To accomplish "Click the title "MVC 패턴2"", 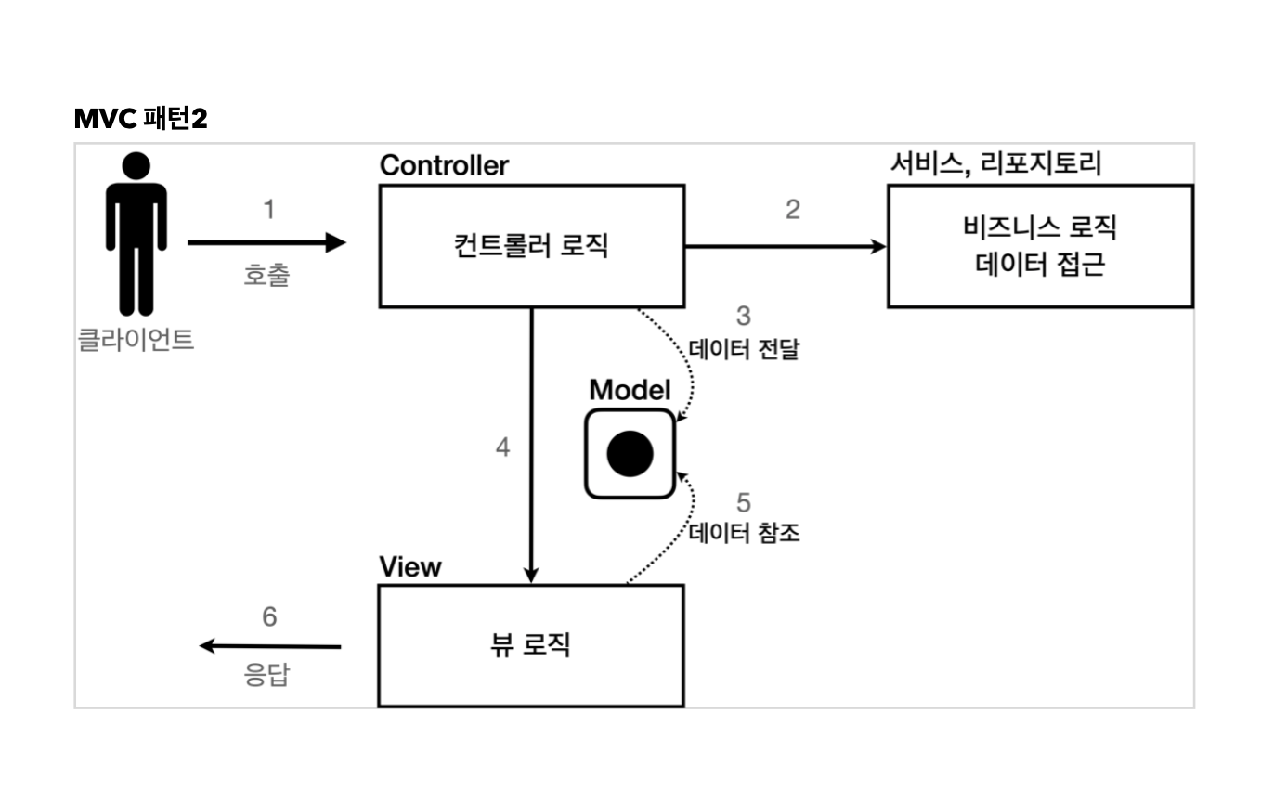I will [140, 119].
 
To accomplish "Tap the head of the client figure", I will [136, 167].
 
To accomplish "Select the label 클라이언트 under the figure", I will [136, 340].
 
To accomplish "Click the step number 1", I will [269, 211].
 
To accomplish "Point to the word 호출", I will [266, 275].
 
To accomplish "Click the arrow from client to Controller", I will [266, 243].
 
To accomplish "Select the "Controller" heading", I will [444, 165].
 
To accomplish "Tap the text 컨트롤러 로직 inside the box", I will [531, 246].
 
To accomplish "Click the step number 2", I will [792, 210].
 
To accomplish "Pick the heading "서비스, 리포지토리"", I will [994, 164].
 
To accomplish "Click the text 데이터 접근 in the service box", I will [1040, 265].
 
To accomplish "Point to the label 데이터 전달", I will [744, 350].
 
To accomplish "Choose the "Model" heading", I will [630, 390].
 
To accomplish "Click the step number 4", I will [502, 447].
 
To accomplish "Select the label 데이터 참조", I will [744, 533].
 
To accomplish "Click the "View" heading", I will [410, 566].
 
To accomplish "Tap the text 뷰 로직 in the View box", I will [530, 644].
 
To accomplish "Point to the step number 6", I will [269, 616].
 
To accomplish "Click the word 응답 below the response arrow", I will [267, 675].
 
